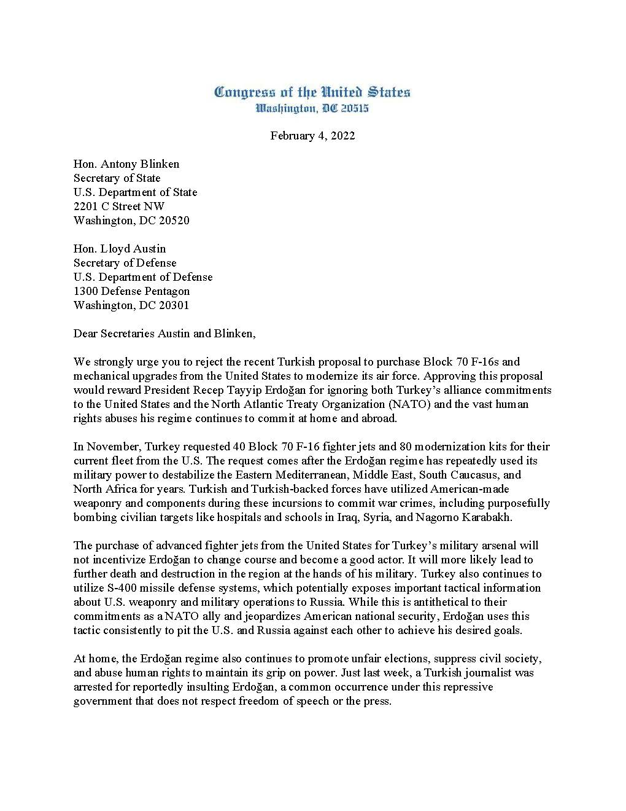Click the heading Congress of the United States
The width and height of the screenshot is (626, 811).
[312, 93]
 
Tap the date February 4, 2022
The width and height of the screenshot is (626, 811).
[312, 136]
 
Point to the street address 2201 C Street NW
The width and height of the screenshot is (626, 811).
[119, 206]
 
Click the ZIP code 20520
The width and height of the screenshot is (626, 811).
[174, 221]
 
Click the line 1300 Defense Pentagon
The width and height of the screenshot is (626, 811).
[131, 291]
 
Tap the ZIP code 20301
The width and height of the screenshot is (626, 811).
[174, 305]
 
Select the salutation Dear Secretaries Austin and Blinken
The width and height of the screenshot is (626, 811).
[164, 334]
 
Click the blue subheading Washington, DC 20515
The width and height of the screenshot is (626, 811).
[312, 109]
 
